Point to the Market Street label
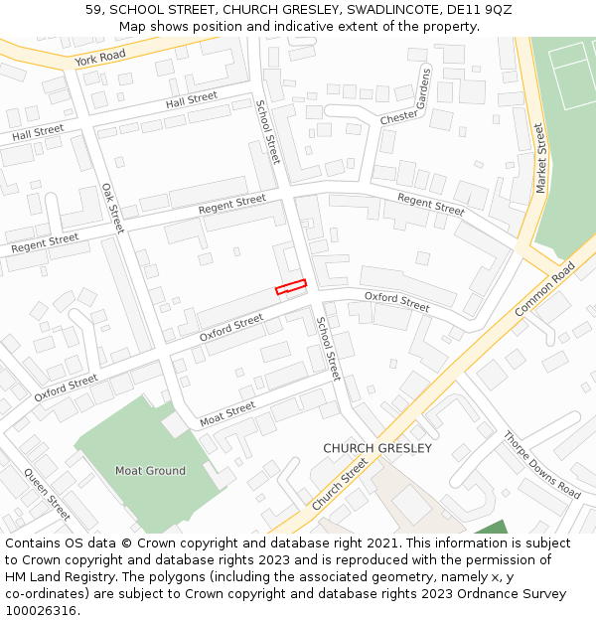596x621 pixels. tap(541, 158)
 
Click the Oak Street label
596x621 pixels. tap(112, 208)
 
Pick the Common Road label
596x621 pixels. tap(545, 290)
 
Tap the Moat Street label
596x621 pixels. tap(227, 411)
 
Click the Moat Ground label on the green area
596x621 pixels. tap(150, 471)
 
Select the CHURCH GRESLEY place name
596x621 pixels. tap(377, 448)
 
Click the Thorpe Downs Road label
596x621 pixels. tap(541, 464)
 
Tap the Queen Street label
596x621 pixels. tap(47, 494)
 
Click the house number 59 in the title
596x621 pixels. tap(94, 10)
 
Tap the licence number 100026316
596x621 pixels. tap(43, 611)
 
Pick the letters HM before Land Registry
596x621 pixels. tap(17, 577)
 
